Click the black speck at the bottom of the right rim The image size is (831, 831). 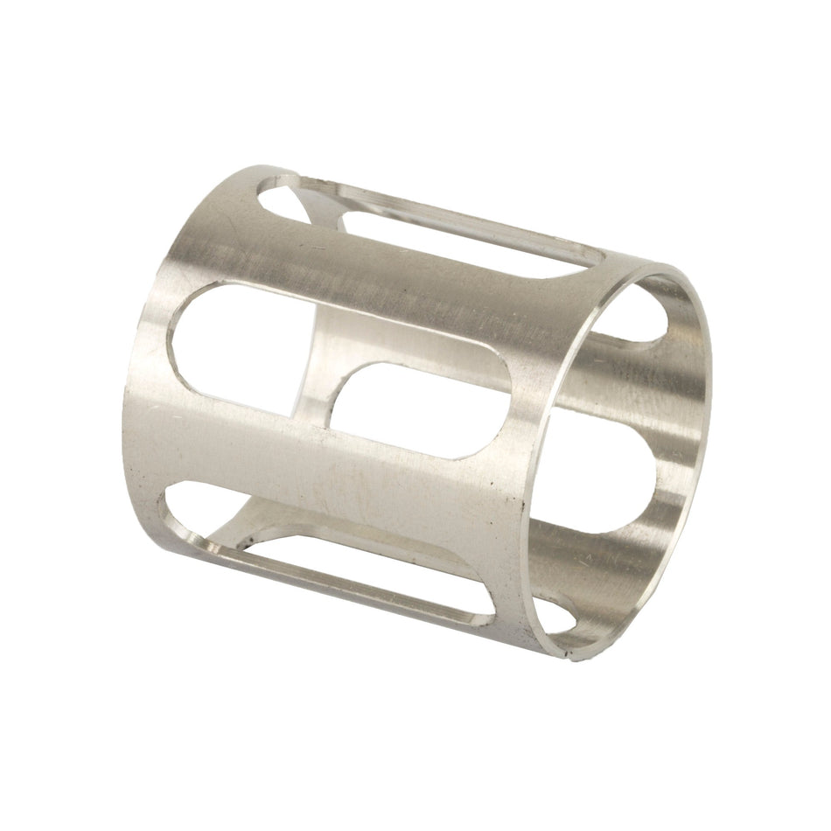pos(570,651)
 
